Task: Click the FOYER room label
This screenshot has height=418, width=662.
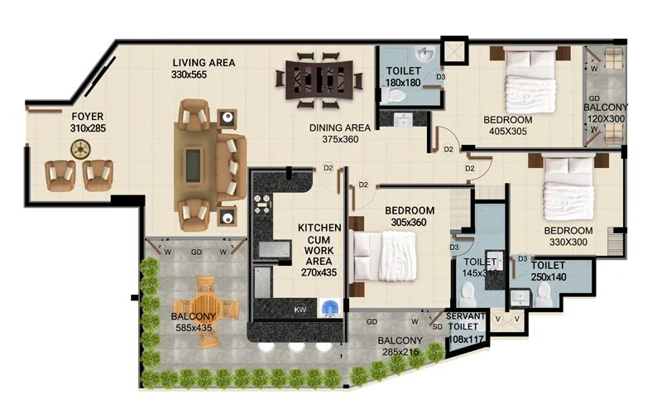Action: [88, 116]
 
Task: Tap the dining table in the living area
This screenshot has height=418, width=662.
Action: [319, 80]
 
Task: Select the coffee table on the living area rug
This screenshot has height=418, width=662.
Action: [194, 164]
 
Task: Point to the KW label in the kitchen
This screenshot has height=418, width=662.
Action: [300, 310]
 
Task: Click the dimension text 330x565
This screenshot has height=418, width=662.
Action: [189, 74]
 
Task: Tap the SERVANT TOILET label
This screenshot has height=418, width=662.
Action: [465, 321]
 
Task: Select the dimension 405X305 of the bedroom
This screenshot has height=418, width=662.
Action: [507, 132]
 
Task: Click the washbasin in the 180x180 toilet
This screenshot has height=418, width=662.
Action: [425, 55]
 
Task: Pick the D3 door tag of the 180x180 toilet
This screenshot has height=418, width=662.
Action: [440, 77]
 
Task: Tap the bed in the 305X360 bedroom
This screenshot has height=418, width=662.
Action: [385, 257]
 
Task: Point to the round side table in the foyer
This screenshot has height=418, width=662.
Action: [80, 150]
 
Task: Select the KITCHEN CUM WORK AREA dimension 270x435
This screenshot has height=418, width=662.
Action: [319, 273]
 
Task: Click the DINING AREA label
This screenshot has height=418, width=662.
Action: [340, 127]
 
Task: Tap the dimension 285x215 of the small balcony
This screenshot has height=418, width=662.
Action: [401, 352]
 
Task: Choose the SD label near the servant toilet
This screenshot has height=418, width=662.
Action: [438, 327]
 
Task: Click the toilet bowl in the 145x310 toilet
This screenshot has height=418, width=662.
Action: [467, 294]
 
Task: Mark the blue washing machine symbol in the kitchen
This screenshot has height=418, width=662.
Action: [330, 307]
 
